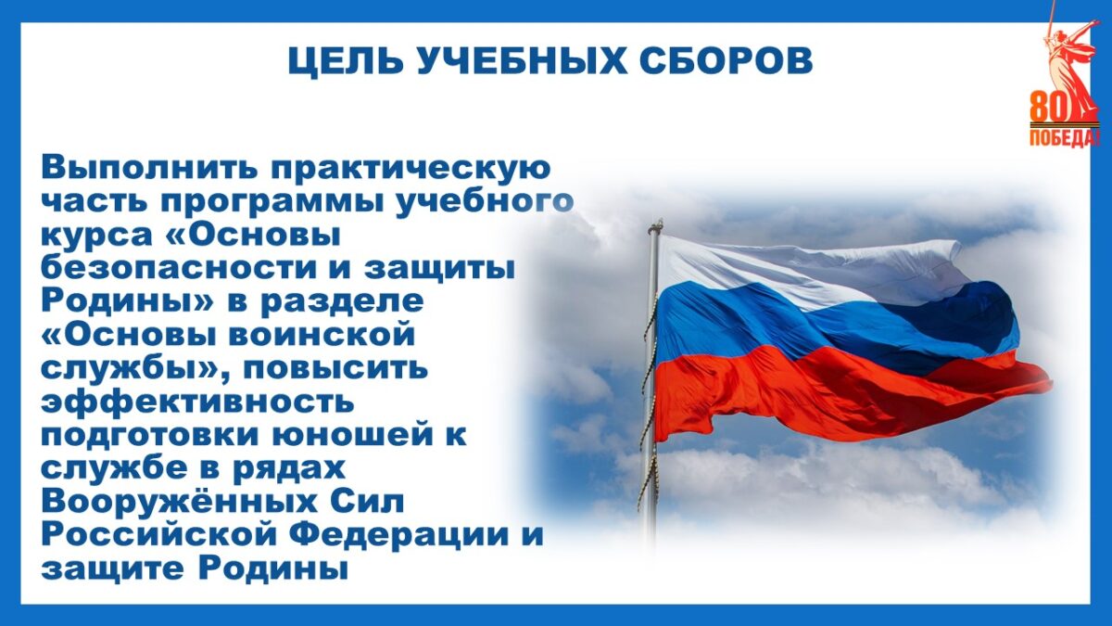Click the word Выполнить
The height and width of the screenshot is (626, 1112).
point(150,168)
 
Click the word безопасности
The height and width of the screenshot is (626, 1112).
point(179,267)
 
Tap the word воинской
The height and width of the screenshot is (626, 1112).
point(322,335)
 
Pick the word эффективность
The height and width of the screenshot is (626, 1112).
point(197,401)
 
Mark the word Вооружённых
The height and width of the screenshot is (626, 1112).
point(179,502)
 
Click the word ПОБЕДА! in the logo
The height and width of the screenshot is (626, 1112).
point(1063,137)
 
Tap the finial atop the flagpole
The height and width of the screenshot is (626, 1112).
point(656,226)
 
